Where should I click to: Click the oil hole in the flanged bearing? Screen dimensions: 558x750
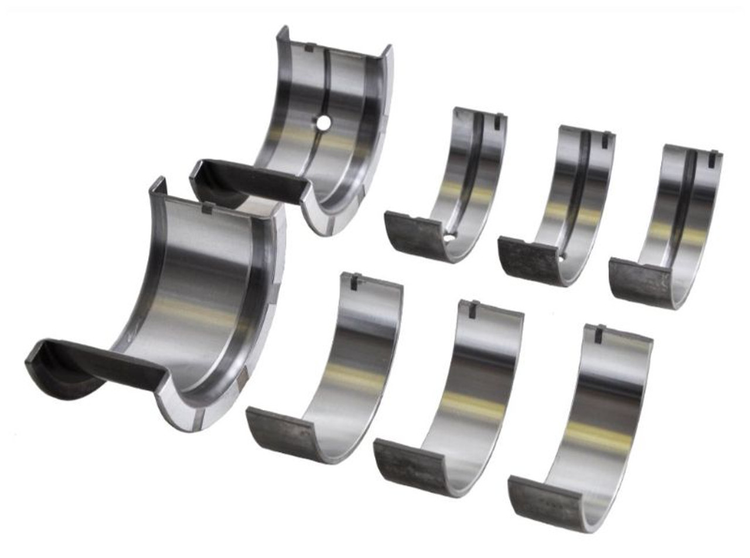(323, 123)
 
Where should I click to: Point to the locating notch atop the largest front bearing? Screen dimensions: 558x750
(207, 207)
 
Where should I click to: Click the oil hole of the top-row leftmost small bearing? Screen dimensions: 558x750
(449, 237)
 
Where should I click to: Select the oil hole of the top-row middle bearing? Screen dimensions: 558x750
(561, 257)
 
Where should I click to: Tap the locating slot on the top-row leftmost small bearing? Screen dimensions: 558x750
(497, 121)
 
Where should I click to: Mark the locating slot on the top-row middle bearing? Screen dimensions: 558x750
(605, 139)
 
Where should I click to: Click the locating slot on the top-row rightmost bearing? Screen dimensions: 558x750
(712, 159)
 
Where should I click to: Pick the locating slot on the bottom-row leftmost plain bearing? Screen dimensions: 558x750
(354, 281)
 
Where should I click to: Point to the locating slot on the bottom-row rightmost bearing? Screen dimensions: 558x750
(599, 334)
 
